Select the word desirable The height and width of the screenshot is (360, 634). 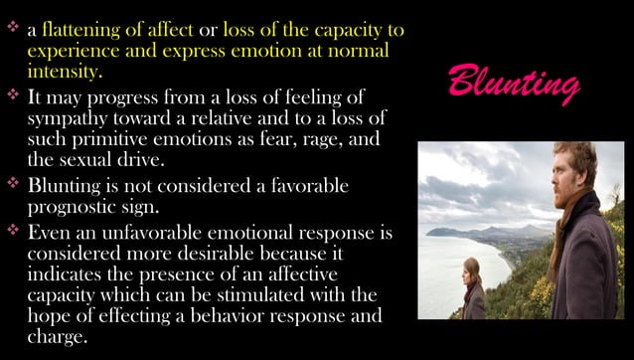[x=241, y=256]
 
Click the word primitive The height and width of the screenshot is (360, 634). [x=109, y=141]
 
